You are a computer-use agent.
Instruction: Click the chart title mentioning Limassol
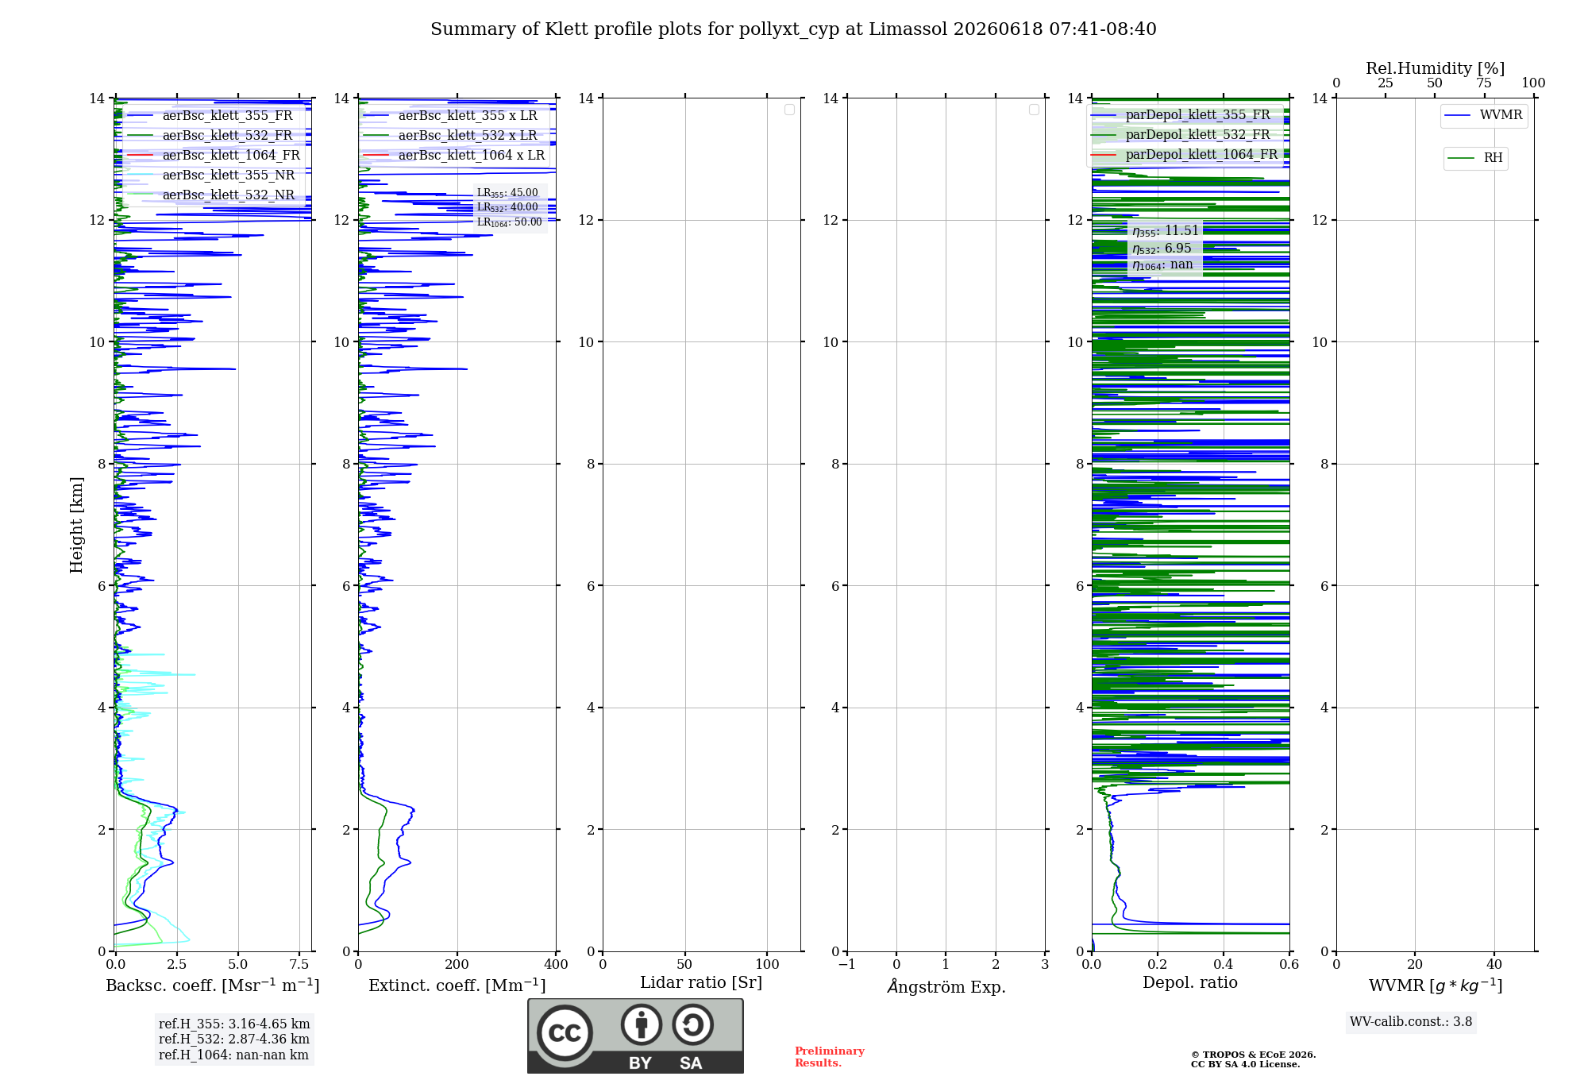793,29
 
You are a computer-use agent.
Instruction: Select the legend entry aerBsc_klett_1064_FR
213,156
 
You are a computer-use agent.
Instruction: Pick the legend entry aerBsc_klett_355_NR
210,175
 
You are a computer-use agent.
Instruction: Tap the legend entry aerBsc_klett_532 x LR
450,136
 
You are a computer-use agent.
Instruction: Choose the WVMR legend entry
1483,115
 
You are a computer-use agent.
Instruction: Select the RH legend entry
1475,158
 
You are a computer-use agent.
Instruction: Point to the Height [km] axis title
76,525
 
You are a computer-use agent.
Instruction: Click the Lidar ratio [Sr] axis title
701,983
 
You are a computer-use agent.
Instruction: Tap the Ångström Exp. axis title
946,986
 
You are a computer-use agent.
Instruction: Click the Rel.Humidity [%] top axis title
1435,68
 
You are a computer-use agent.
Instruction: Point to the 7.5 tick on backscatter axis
299,965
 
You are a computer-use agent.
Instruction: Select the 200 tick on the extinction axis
457,965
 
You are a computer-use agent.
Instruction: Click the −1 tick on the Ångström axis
847,965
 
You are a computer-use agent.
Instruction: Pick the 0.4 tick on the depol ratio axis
1224,965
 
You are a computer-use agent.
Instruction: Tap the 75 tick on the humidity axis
1484,83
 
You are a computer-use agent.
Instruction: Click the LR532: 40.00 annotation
507,207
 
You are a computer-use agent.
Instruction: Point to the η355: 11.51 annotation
1166,231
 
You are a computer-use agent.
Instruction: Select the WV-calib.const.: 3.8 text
1411,1022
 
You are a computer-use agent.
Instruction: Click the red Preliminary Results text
830,1057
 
